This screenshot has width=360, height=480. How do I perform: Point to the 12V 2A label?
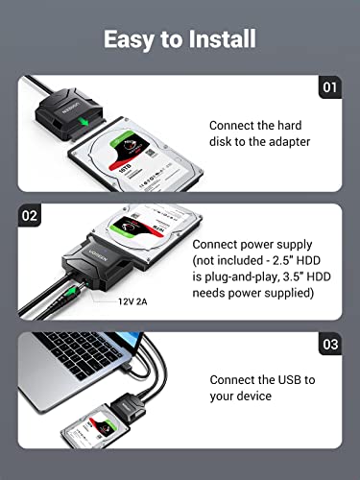pos(120,300)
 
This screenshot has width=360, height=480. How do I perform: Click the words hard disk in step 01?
pos(286,127)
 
